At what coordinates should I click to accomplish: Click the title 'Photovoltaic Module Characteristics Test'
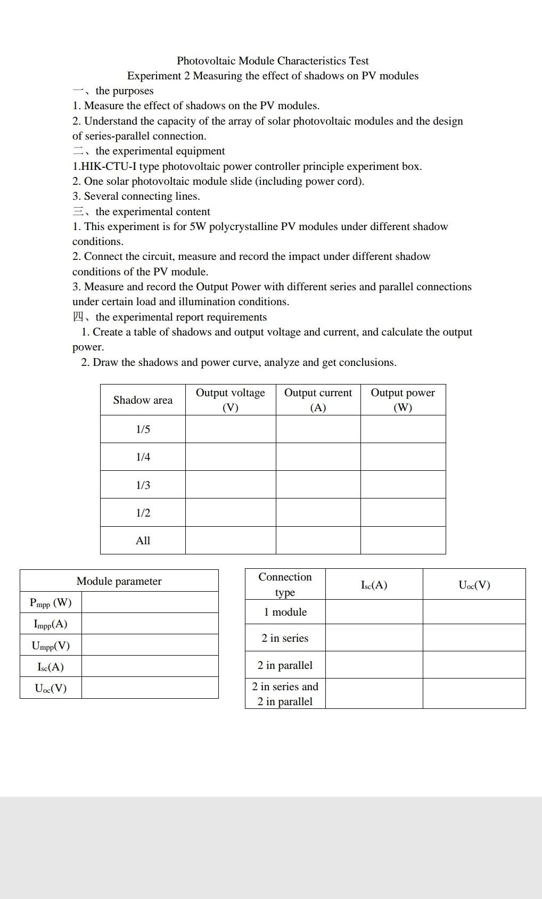tap(273, 61)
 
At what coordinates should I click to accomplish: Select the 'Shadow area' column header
tap(143, 400)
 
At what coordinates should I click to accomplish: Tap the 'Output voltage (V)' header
tap(230, 400)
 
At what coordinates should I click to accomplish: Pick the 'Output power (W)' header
tap(403, 400)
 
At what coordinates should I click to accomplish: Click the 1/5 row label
tap(143, 429)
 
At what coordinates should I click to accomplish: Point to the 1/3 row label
tap(143, 485)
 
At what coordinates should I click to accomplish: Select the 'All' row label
tap(143, 541)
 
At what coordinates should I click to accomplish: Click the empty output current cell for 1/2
tap(318, 513)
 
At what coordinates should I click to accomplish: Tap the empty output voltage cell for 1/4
tap(230, 457)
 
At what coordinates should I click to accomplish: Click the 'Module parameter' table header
tap(119, 581)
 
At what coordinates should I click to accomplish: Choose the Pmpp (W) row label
tap(51, 603)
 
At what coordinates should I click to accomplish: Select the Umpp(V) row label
tap(51, 645)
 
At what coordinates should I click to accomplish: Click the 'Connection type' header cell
tap(285, 584)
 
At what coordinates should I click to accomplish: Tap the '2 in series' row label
tap(285, 638)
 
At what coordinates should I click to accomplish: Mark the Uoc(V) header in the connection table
tap(474, 585)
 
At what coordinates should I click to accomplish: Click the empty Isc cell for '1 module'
tap(374, 612)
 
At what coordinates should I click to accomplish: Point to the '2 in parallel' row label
tap(285, 665)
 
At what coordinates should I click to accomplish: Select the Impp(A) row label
tap(51, 624)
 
